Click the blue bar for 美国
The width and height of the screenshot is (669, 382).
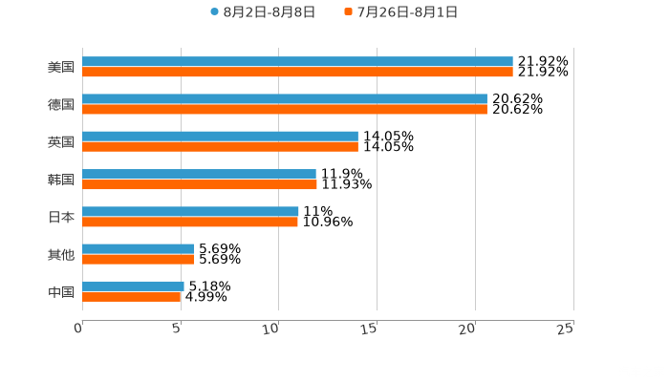coord(297,61)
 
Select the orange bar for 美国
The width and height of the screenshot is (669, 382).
coord(297,72)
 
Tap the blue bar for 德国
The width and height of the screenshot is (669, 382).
coord(285,98)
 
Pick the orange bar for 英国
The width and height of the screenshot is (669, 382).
coord(220,146)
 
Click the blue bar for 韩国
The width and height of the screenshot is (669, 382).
coord(199,174)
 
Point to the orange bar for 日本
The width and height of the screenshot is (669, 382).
coord(190,222)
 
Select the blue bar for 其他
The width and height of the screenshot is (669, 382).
coord(138,248)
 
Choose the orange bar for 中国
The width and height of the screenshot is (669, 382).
coord(132,296)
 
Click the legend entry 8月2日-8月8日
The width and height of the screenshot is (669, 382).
coord(263,12)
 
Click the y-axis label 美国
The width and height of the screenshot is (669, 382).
coord(61,67)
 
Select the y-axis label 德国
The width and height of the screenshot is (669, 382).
coord(61,104)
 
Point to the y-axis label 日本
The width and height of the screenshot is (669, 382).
coord(61,217)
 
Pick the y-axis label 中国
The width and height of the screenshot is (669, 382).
coord(61,291)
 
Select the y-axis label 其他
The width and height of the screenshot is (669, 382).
coord(61,254)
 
